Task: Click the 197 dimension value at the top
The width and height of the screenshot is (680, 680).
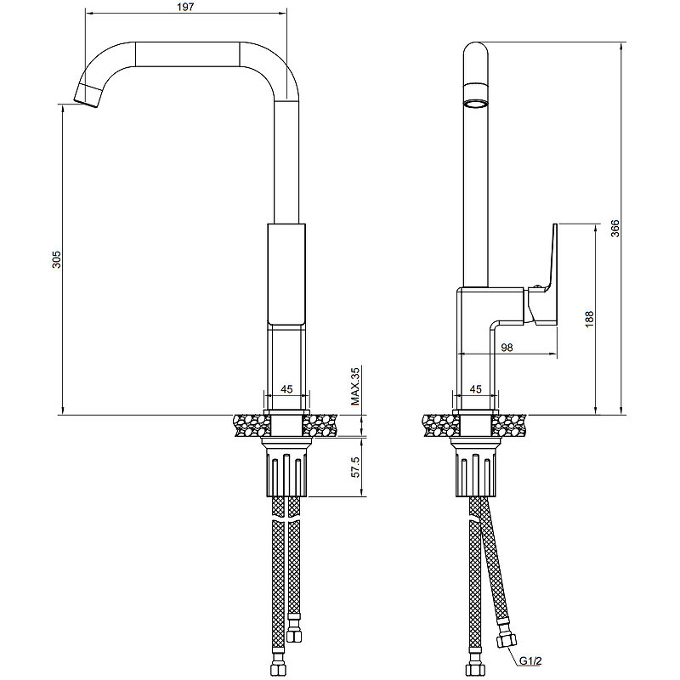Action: tap(185, 7)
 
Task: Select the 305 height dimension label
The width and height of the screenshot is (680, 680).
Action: tap(57, 259)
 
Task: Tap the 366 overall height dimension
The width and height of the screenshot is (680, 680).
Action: tap(615, 229)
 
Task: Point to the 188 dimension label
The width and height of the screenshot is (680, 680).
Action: tap(589, 319)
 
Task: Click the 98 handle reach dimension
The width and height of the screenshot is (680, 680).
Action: tap(507, 348)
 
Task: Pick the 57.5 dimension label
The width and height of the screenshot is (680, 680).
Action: tap(355, 467)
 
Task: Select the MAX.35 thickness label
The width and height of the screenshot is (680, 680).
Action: tap(355, 386)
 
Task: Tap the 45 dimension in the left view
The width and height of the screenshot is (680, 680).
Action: tap(286, 389)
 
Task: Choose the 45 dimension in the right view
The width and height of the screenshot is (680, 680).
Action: tap(476, 389)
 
